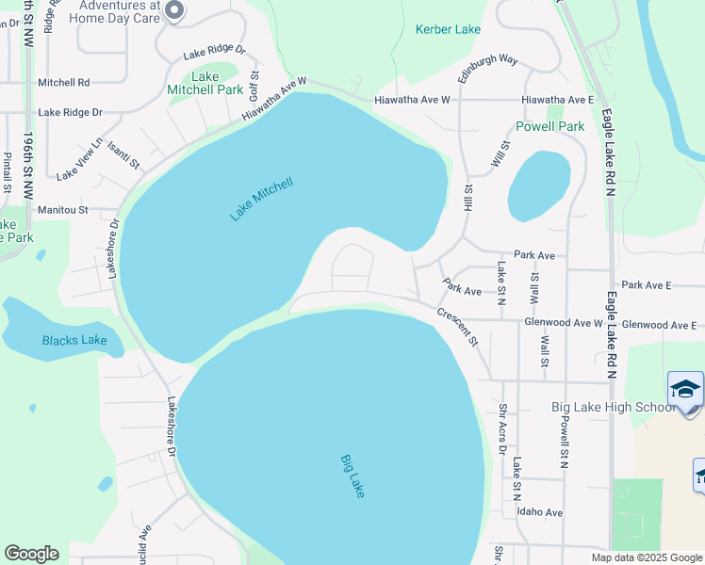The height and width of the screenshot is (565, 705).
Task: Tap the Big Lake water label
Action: (352, 476)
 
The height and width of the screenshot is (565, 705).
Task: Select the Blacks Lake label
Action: (74, 340)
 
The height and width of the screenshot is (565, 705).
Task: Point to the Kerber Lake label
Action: (448, 30)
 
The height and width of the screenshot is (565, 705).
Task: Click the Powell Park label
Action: (550, 126)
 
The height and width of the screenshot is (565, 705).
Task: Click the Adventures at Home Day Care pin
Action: (174, 10)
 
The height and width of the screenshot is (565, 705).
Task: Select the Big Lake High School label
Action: (613, 407)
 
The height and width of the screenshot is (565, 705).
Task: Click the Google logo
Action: (31, 554)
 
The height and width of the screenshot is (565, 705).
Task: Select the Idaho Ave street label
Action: (539, 512)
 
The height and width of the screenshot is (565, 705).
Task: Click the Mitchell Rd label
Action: (64, 83)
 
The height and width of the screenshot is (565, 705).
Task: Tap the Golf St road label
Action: (254, 87)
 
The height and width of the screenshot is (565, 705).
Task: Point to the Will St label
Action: (500, 154)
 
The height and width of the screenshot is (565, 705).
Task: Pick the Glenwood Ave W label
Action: (563, 323)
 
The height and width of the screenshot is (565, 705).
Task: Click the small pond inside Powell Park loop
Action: (539, 185)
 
